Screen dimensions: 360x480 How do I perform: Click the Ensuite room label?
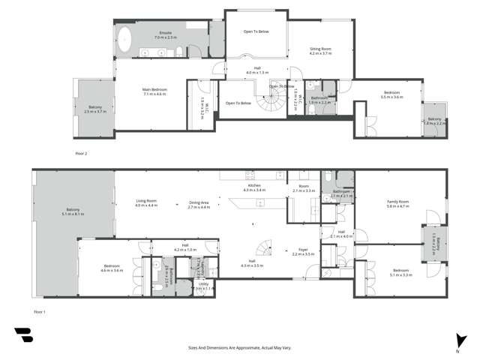click(x=164, y=35)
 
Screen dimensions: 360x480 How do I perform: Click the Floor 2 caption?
click(x=81, y=153)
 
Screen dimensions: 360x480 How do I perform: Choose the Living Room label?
click(x=146, y=203)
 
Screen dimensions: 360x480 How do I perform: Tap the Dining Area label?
click(x=199, y=203)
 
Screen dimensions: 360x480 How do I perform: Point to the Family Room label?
click(x=397, y=202)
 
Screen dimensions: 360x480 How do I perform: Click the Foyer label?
click(x=304, y=250)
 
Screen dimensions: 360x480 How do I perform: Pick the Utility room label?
click(x=202, y=286)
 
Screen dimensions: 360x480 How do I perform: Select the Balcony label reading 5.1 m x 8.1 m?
click(x=73, y=211)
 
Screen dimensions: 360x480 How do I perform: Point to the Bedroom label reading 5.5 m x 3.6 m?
click(x=391, y=95)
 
